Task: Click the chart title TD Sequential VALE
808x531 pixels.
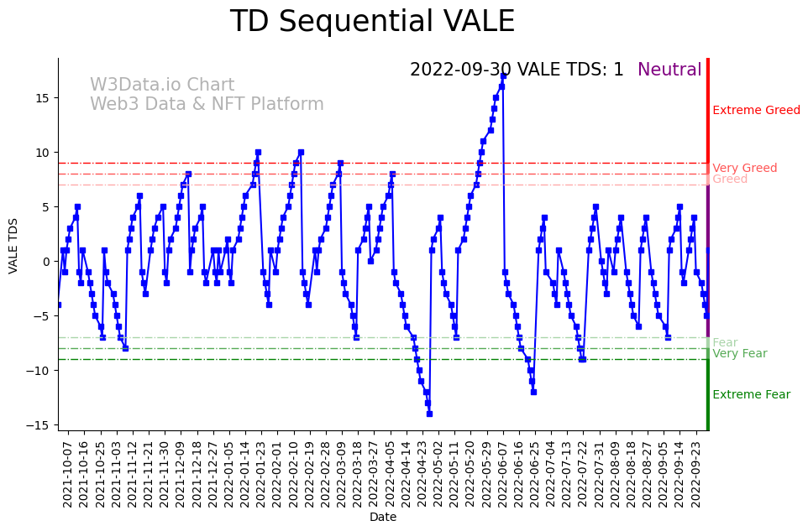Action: point(372,22)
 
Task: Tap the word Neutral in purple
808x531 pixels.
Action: point(669,70)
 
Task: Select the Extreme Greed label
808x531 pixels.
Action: point(756,110)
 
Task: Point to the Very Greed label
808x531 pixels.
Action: point(744,168)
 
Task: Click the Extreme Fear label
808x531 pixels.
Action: point(751,394)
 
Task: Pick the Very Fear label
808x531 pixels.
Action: point(739,353)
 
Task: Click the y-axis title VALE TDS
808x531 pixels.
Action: point(13,244)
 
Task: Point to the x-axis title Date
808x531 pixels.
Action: point(382,517)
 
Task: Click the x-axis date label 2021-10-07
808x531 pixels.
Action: point(68,474)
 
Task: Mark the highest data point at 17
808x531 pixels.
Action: point(503,75)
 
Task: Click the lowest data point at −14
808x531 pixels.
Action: point(429,414)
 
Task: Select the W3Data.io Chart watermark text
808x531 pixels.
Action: point(162,85)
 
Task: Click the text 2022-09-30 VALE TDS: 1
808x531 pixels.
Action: point(517,70)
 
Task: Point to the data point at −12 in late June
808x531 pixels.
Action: point(533,392)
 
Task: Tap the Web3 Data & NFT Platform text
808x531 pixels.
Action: point(207,104)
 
